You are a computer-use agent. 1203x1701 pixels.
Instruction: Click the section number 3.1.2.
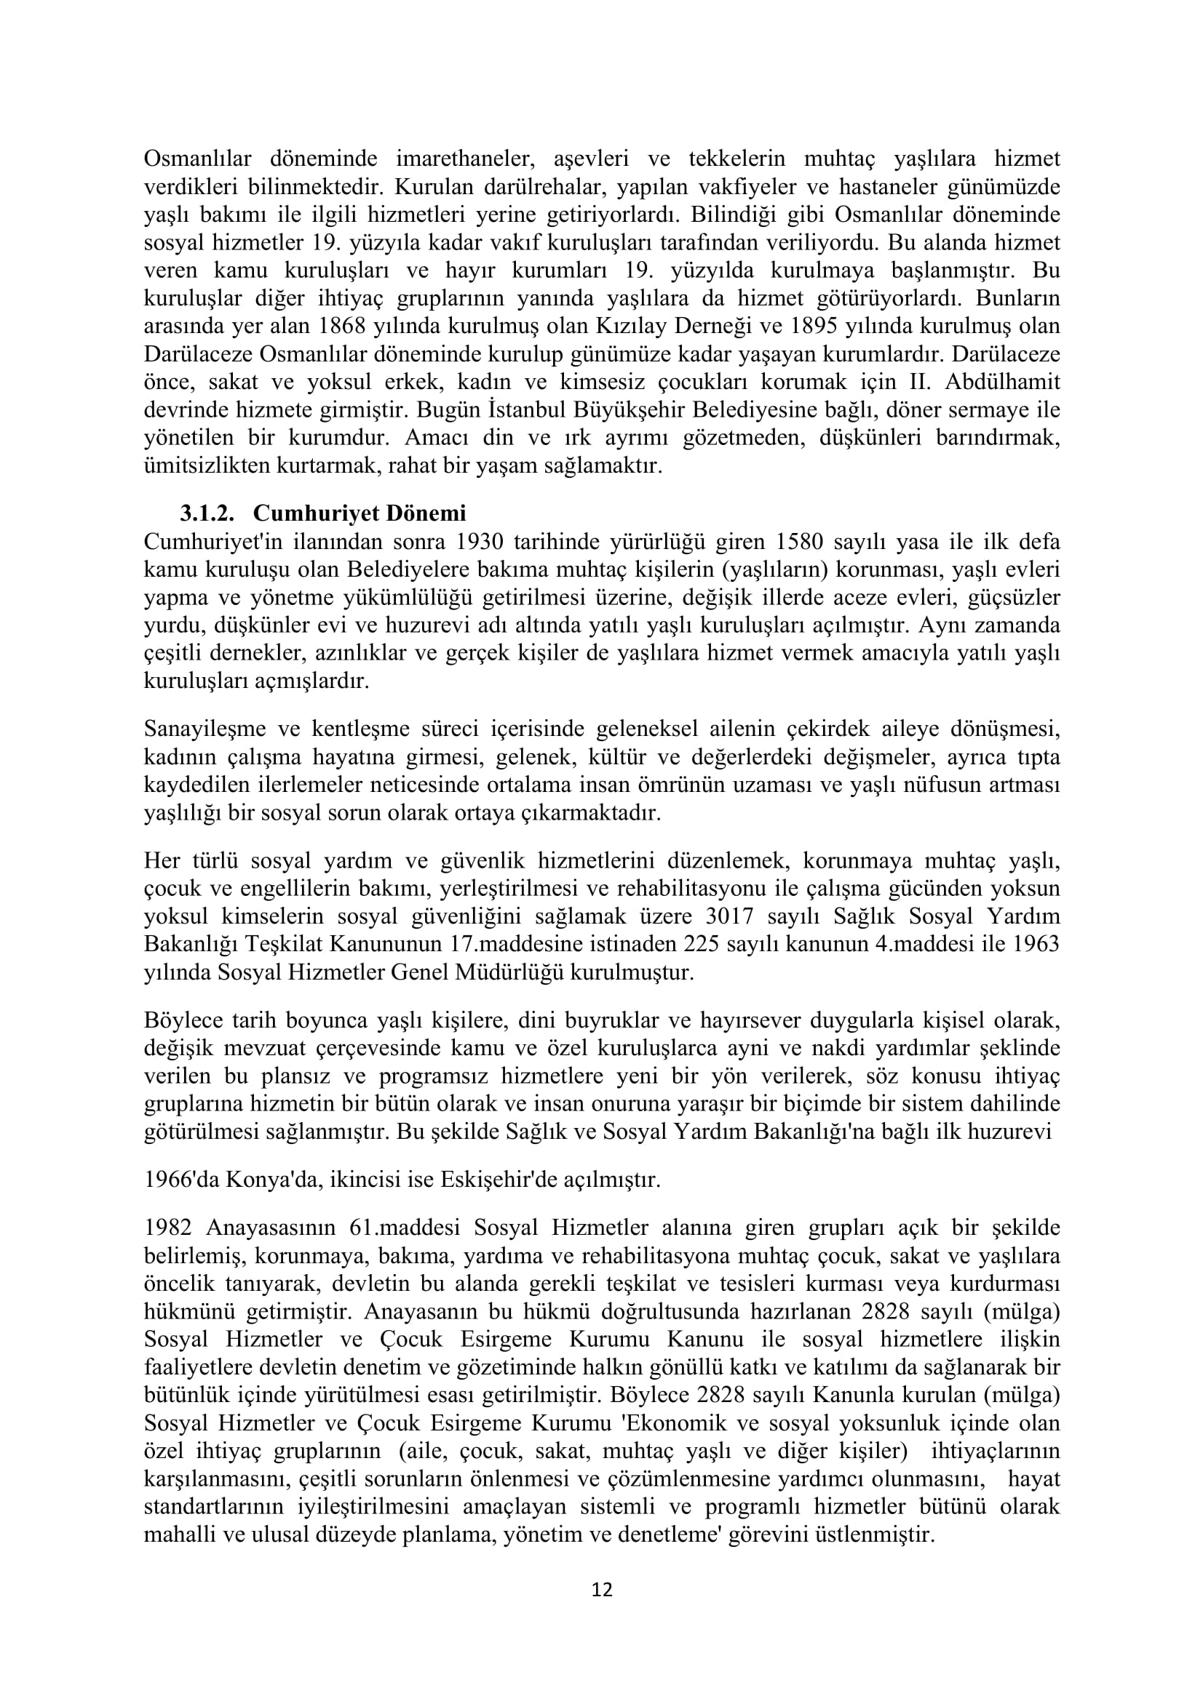click(x=207, y=513)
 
